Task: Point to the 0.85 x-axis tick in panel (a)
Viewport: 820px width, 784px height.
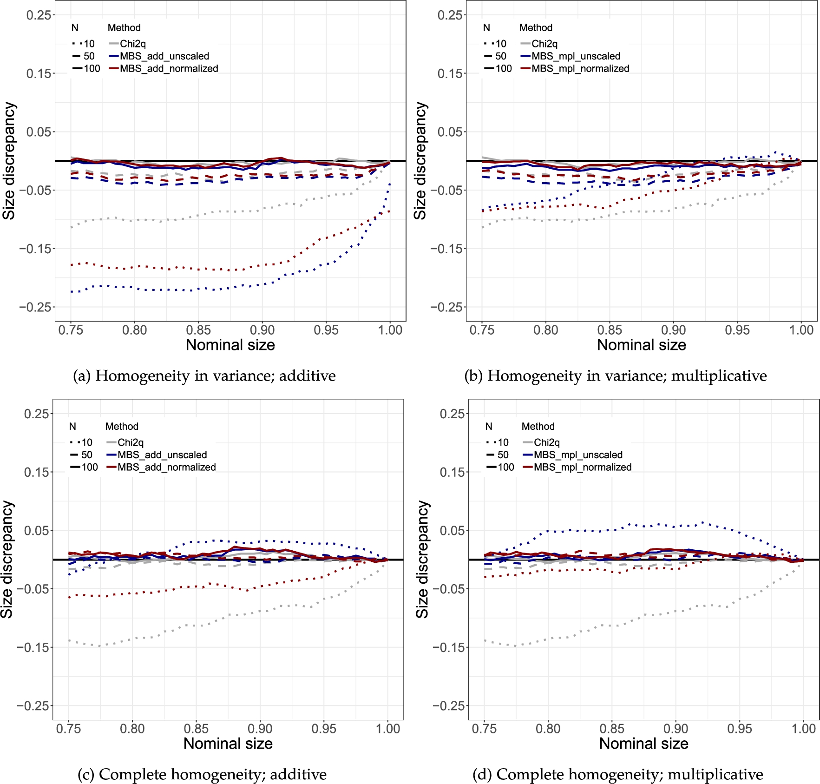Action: (x=198, y=330)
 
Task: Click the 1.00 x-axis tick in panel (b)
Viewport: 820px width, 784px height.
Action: (x=801, y=330)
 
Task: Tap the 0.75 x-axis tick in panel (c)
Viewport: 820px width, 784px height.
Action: (x=68, y=729)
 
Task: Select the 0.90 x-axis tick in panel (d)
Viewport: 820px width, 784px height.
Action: (x=676, y=729)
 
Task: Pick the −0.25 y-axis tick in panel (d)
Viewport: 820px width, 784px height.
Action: (x=448, y=706)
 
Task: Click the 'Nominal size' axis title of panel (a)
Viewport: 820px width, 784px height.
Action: (x=230, y=345)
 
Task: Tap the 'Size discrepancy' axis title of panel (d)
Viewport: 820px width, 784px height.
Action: (x=422, y=559)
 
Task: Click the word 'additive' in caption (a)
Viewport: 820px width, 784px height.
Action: (x=307, y=376)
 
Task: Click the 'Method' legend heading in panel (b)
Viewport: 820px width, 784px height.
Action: (x=536, y=28)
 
